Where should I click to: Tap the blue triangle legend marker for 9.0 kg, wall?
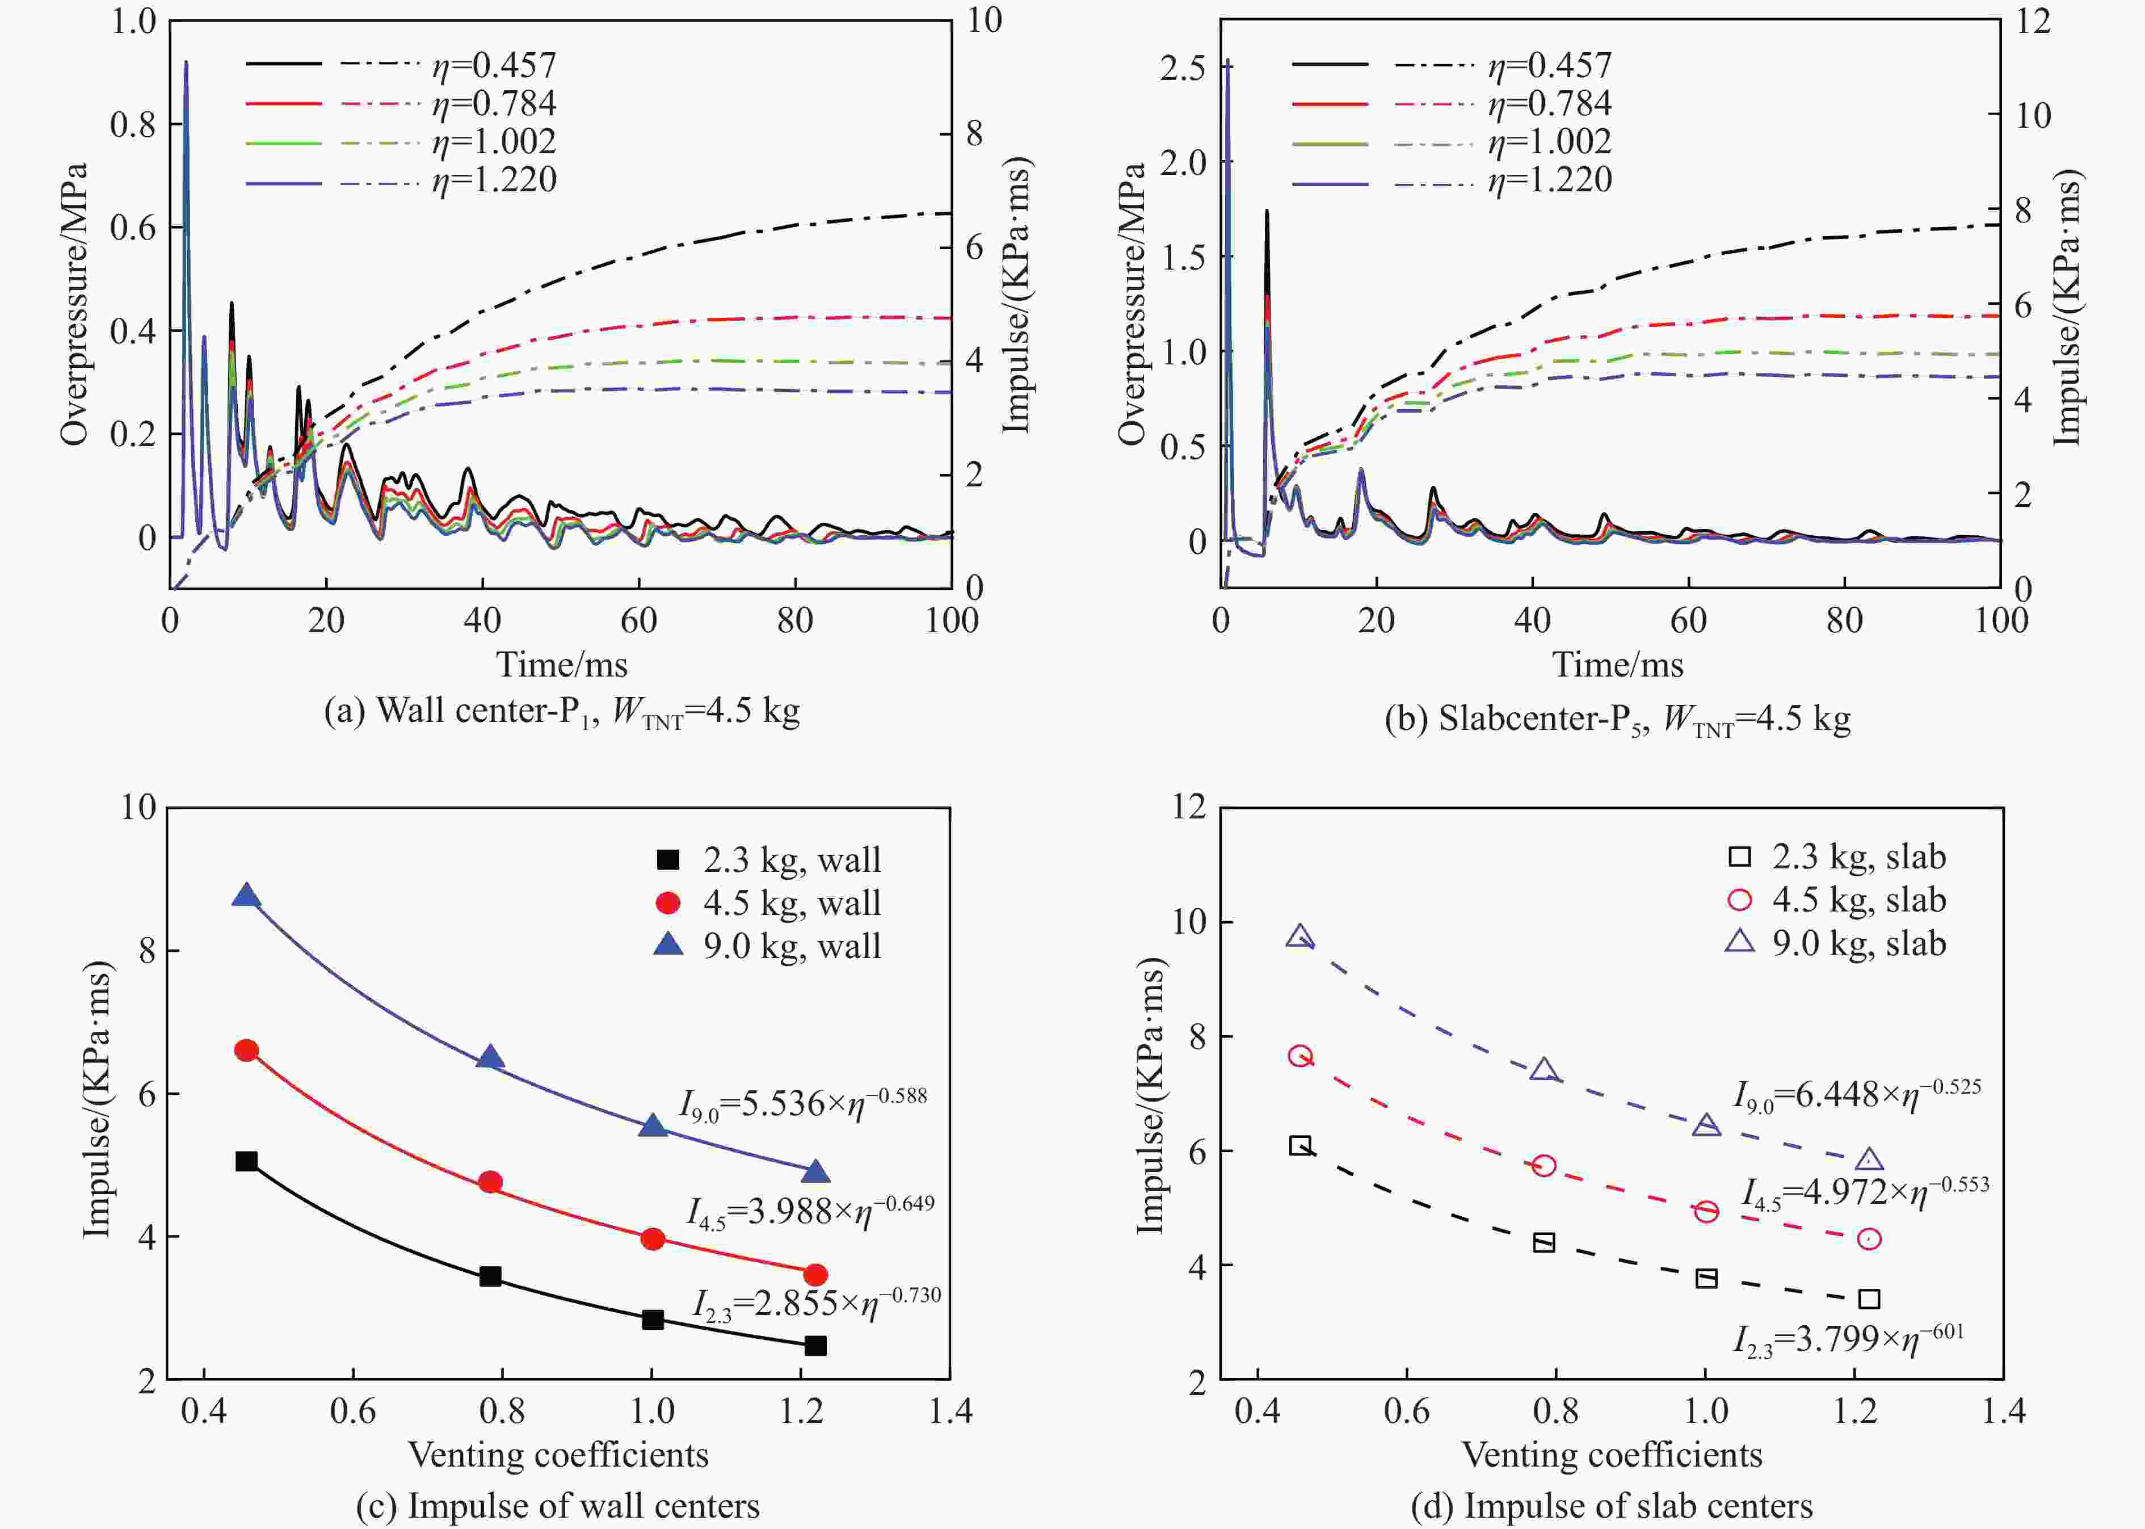tap(668, 944)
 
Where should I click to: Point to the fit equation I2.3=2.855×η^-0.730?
tap(816, 1303)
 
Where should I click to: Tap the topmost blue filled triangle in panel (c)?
tap(247, 896)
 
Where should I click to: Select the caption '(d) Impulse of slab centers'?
tap(1612, 1506)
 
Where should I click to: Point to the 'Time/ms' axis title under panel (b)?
tap(1617, 665)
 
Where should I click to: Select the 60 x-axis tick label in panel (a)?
tap(638, 620)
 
